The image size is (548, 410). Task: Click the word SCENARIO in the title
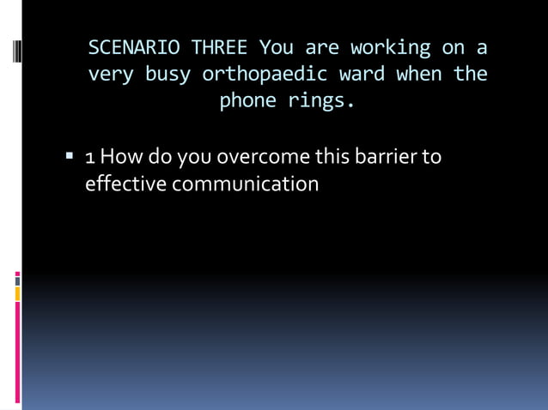126,46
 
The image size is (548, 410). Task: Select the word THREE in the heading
222,46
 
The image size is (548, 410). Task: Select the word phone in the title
247,101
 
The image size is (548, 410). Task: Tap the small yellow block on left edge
16,293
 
